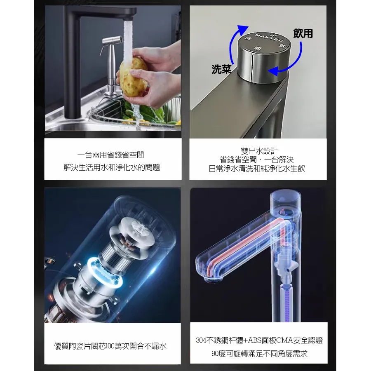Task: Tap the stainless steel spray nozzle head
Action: tap(112, 40)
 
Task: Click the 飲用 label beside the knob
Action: tap(303, 33)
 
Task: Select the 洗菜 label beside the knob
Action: tap(221, 69)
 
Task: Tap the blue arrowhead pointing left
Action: tap(273, 71)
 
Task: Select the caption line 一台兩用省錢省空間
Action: tap(111, 155)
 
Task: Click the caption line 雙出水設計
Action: tap(259, 151)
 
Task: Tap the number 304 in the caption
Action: tap(201, 340)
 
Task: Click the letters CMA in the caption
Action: tap(284, 340)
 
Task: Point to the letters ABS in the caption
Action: tap(255, 340)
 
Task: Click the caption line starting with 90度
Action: tap(259, 354)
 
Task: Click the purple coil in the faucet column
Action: tap(286, 301)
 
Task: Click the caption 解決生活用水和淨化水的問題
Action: tap(112, 167)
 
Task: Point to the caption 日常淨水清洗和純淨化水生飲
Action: tap(257, 169)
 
